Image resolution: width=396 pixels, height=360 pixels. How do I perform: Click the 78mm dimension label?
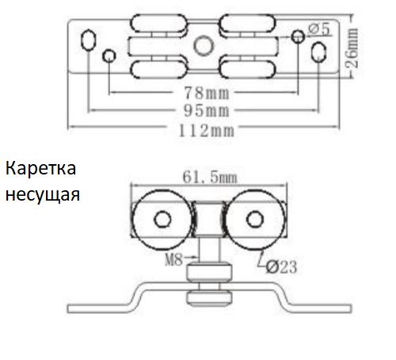tap(207, 93)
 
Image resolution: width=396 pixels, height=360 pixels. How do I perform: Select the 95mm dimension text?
tap(207, 110)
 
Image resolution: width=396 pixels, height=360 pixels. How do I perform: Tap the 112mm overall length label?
tap(207, 131)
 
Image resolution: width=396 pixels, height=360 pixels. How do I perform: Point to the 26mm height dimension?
tap(352, 48)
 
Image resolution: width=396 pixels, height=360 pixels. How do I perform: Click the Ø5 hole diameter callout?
tap(319, 29)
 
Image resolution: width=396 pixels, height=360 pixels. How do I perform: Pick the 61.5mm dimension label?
tap(210, 177)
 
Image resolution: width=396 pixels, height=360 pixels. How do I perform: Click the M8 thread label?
tap(173, 259)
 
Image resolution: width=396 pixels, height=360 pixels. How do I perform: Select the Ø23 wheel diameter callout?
tap(281, 267)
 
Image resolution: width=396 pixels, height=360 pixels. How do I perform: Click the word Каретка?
tap(40, 168)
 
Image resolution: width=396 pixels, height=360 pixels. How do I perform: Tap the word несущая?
tap(43, 195)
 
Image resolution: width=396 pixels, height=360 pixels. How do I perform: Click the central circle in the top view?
tap(204, 45)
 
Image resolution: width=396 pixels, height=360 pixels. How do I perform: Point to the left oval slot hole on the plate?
tap(88, 40)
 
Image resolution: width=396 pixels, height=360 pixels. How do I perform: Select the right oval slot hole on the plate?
tap(318, 52)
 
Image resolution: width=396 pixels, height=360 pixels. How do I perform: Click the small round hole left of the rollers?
tap(109, 56)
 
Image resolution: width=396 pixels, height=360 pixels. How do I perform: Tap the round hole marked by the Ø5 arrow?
tap(299, 36)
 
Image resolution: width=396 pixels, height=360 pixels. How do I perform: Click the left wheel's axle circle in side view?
tap(162, 219)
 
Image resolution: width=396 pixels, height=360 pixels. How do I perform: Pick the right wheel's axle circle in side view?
tap(255, 219)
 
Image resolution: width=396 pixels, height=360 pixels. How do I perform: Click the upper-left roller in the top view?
tap(158, 23)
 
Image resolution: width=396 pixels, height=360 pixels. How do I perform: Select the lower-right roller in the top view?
tap(247, 69)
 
